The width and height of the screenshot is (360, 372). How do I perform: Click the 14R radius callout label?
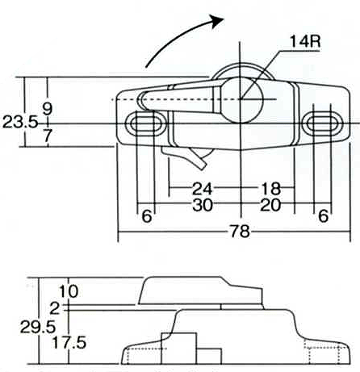(x=305, y=42)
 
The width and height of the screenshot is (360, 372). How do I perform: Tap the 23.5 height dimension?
(x=20, y=123)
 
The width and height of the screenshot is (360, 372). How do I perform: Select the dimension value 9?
(x=48, y=109)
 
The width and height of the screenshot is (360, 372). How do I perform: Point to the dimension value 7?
(x=48, y=136)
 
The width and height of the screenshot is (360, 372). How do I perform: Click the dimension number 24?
(x=202, y=189)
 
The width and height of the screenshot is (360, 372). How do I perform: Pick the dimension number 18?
(x=271, y=189)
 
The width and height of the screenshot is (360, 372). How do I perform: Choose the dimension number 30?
(x=203, y=205)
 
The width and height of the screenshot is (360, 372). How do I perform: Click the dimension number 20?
(x=270, y=205)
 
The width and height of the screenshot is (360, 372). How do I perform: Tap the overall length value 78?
(x=240, y=232)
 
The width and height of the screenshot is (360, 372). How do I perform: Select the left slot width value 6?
(x=147, y=216)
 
